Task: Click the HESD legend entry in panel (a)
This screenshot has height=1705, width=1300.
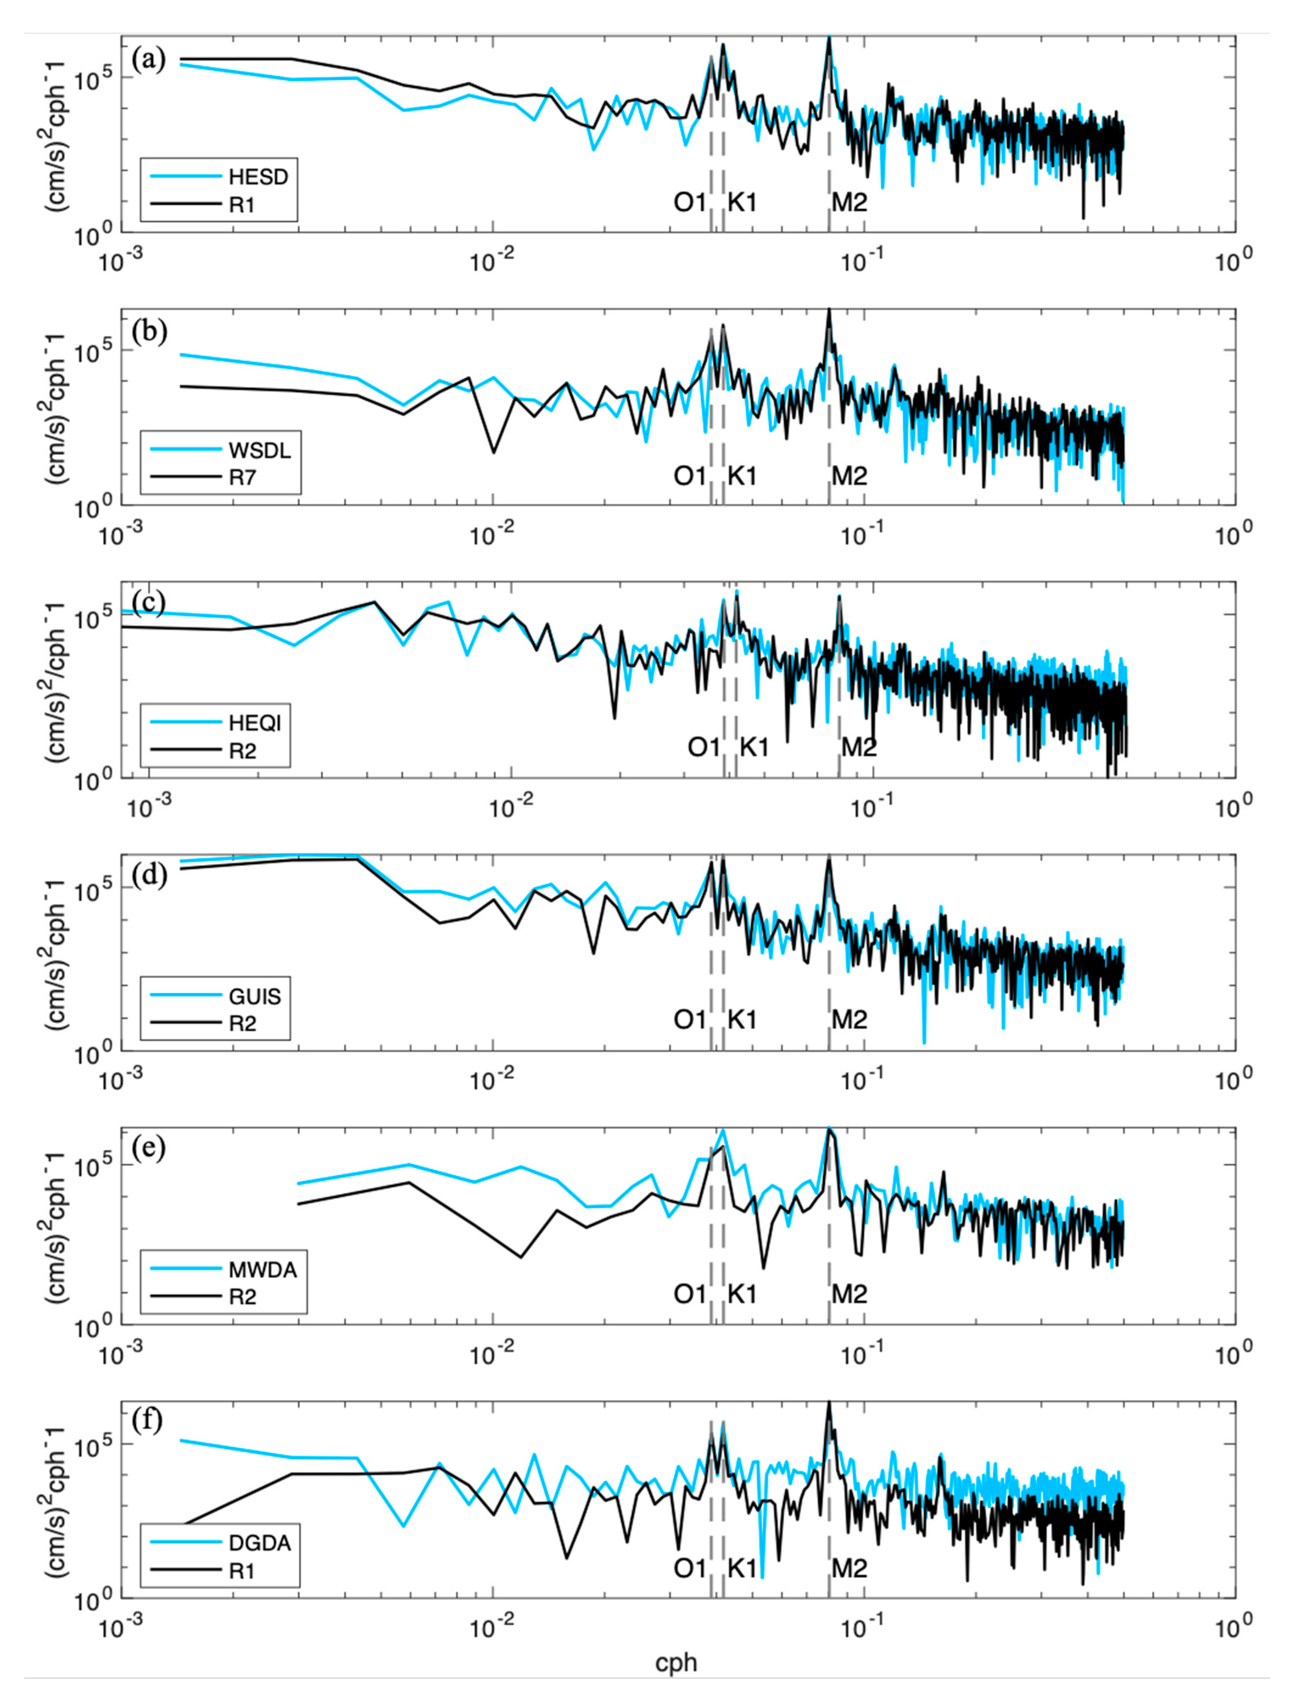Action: click(x=258, y=176)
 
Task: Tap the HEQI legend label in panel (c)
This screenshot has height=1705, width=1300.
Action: click(x=254, y=723)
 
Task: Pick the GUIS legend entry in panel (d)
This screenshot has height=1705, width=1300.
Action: click(x=254, y=996)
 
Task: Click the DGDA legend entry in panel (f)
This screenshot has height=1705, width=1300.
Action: click(x=259, y=1543)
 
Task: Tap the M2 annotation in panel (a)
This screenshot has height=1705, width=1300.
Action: click(x=849, y=203)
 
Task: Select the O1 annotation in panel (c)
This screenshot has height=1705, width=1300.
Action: click(x=703, y=748)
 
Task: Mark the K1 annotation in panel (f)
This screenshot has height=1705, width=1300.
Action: click(x=741, y=1568)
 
